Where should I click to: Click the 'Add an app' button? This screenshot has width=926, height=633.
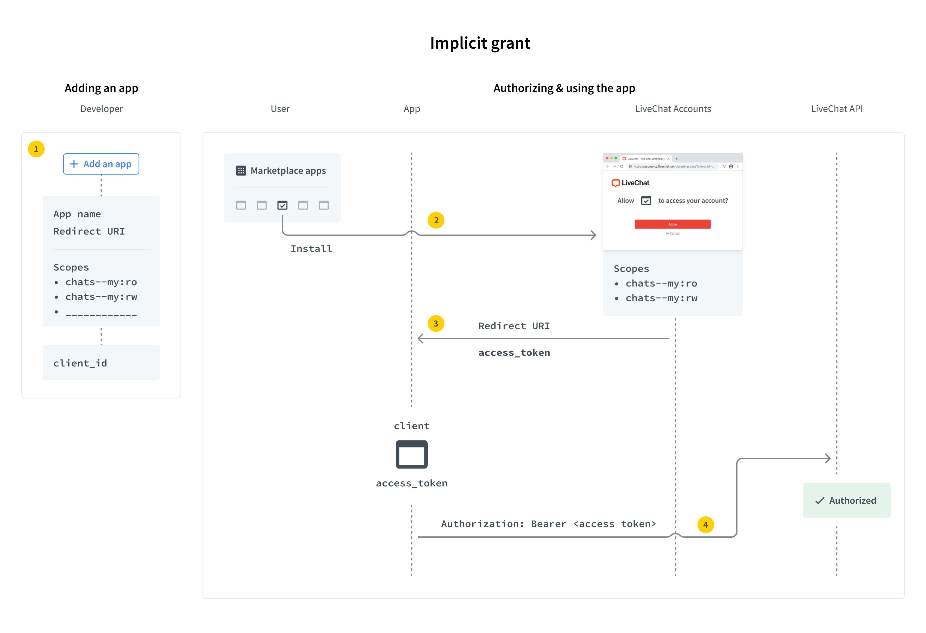[101, 164]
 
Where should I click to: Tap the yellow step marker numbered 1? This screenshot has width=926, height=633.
[36, 149]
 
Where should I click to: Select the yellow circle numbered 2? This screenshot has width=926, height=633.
[436, 220]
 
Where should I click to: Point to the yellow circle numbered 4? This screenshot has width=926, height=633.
[705, 525]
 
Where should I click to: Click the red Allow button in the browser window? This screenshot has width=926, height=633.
[673, 224]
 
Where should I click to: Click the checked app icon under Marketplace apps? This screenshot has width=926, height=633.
[282, 205]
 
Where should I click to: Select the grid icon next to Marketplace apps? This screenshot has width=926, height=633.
[241, 171]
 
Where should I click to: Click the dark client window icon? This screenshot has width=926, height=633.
[412, 454]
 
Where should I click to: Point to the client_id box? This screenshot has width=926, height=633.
[101, 363]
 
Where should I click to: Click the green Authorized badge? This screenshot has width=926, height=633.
[846, 500]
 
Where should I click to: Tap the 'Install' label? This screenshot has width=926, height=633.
[311, 249]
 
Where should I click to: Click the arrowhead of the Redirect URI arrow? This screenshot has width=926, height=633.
[420, 338]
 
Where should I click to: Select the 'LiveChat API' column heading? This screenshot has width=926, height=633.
[837, 109]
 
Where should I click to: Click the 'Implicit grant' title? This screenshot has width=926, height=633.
[480, 43]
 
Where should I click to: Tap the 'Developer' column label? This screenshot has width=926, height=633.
[102, 109]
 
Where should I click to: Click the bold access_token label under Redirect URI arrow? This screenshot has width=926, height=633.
[514, 353]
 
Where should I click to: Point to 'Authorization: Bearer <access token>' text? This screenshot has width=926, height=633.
[548, 524]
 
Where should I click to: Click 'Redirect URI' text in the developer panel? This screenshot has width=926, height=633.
[89, 231]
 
